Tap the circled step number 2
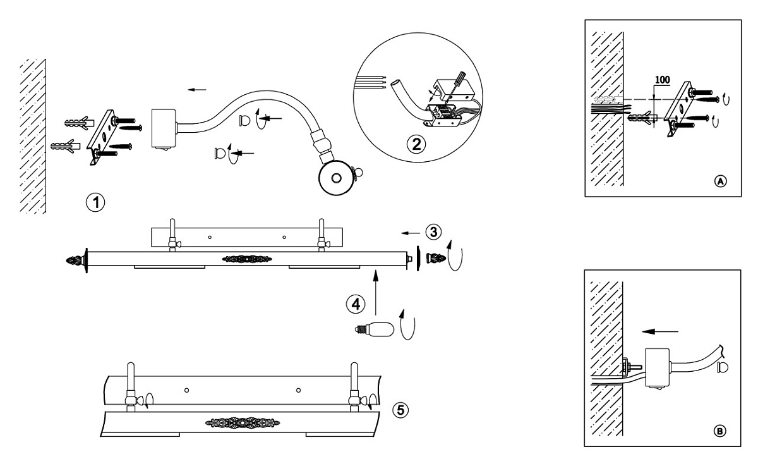(415, 144)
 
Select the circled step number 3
(433, 231)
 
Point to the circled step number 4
(356, 304)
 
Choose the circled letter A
(719, 180)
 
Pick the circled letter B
(719, 431)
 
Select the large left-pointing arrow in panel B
(658, 329)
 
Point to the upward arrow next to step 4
(376, 290)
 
